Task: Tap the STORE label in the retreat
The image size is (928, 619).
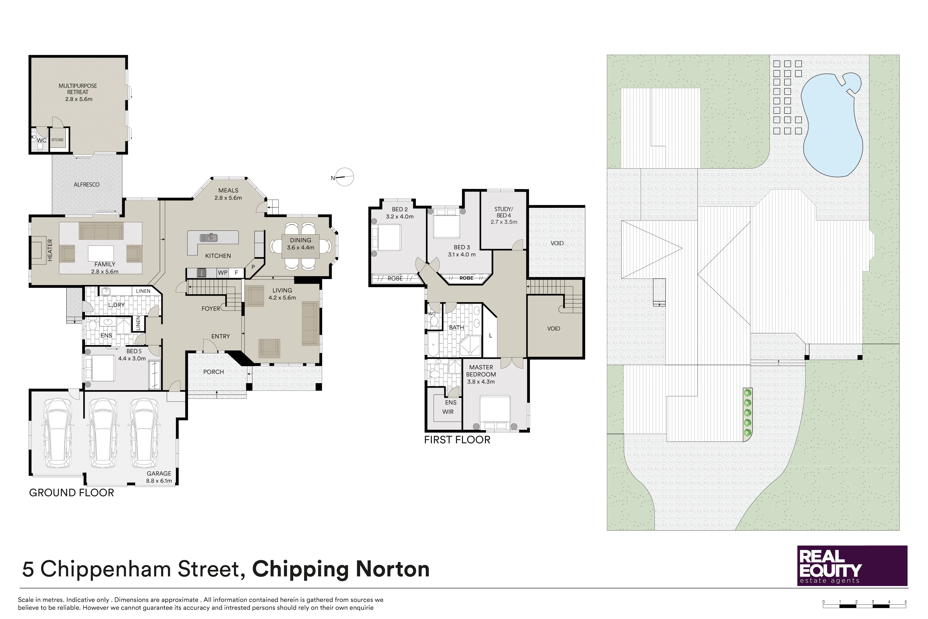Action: (57, 140)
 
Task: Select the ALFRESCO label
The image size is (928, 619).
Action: (86, 184)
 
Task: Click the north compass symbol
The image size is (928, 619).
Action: (343, 177)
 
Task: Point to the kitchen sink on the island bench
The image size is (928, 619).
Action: (208, 238)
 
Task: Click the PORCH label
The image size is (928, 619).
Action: (214, 372)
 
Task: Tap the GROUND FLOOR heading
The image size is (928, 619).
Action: (72, 493)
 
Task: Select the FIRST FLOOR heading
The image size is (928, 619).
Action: (457, 440)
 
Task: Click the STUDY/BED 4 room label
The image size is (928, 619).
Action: (504, 216)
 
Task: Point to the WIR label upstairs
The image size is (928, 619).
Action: (448, 412)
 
